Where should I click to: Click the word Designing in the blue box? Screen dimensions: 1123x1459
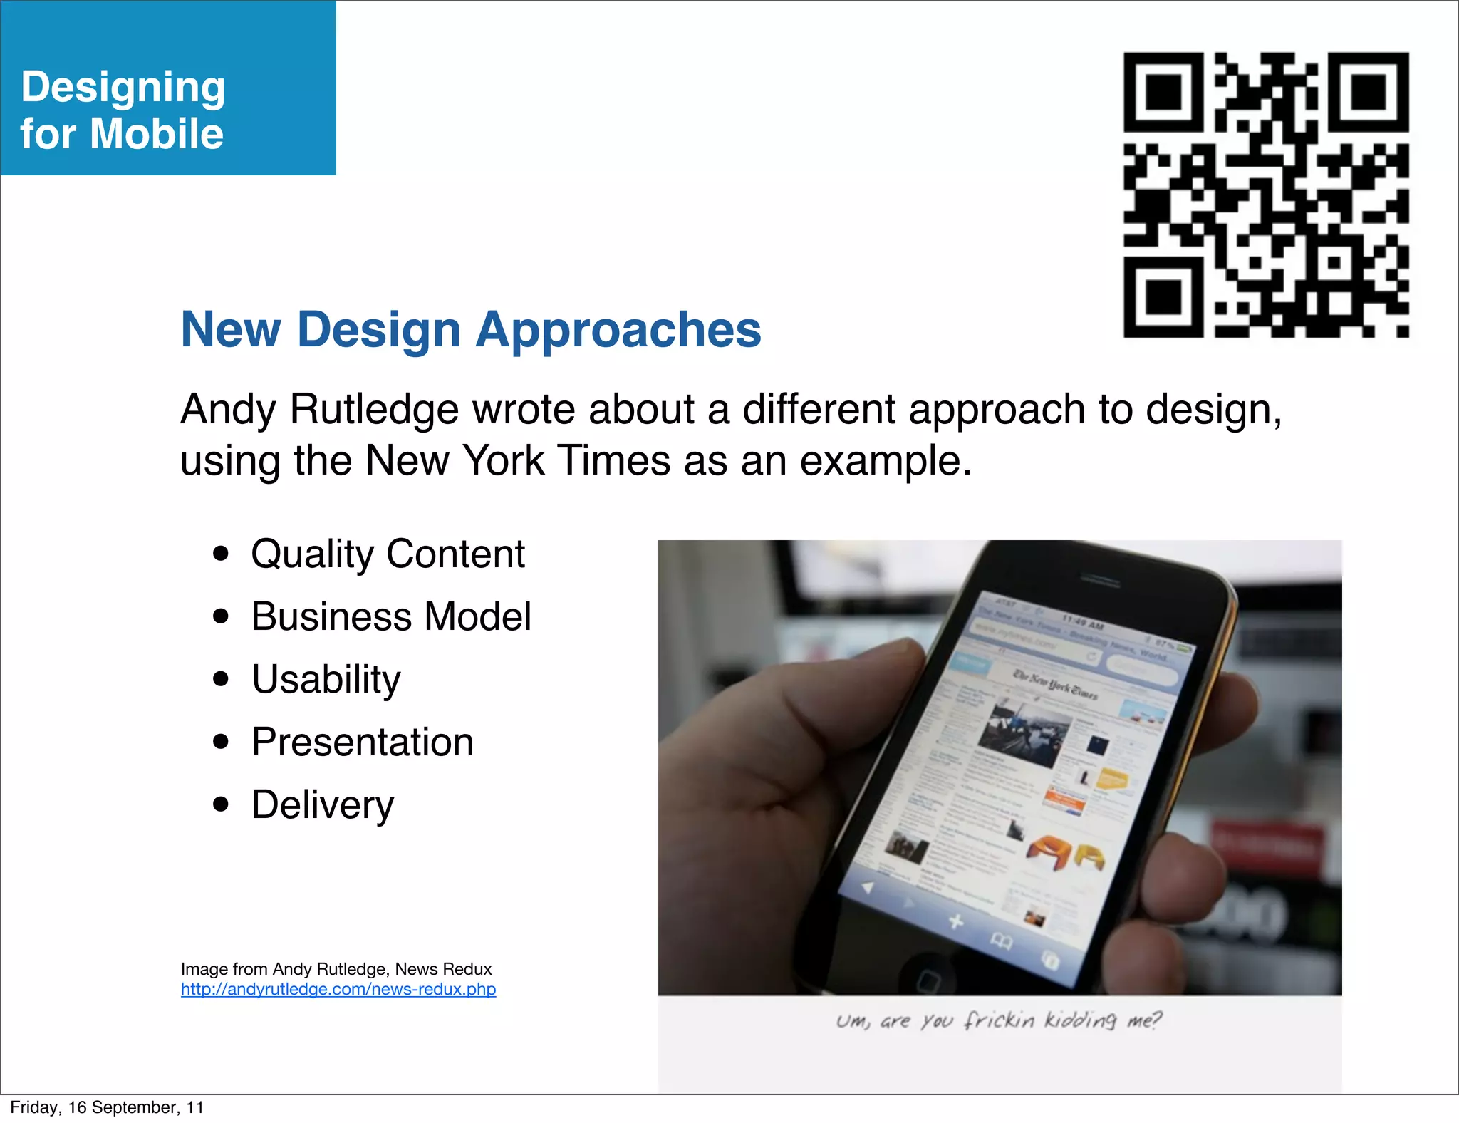tap(123, 88)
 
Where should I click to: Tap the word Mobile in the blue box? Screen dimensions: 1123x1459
tap(157, 134)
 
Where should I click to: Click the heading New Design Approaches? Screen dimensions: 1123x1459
tap(471, 330)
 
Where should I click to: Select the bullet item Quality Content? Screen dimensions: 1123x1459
tap(388, 554)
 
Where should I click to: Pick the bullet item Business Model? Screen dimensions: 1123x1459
tap(391, 616)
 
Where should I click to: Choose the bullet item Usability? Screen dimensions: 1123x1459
tap(326, 679)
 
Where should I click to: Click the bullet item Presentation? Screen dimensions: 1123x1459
tap(362, 742)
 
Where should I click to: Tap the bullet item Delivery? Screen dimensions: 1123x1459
tap(322, 804)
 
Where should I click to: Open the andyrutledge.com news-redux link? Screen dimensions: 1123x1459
tap(338, 990)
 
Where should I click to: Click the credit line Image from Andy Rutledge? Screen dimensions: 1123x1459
tap(336, 969)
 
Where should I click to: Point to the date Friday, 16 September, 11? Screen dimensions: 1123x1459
tap(107, 1107)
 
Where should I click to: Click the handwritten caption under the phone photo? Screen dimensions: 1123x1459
tap(999, 1020)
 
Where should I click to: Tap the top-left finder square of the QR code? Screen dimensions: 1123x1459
tap(1163, 92)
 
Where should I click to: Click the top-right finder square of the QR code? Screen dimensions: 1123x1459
tap(1369, 92)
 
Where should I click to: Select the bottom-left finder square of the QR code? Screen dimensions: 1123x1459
tap(1163, 297)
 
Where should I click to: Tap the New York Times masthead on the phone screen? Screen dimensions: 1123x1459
tap(1055, 685)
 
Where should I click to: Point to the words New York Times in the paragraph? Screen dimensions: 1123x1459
tap(517, 461)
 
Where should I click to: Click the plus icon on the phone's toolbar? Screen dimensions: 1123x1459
tap(956, 922)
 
